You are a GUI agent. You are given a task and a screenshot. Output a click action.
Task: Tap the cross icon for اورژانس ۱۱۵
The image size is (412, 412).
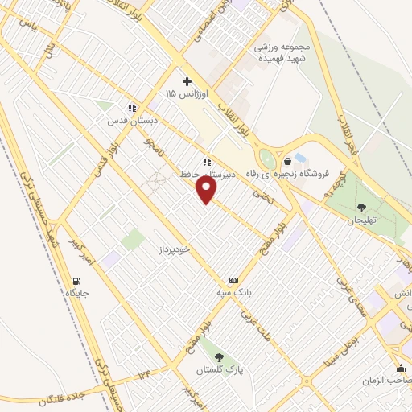(x=187, y=81)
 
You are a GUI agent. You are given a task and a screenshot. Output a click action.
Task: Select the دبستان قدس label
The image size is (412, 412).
(x=134, y=121)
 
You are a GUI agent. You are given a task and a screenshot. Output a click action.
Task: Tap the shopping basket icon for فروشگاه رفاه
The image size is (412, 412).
(x=287, y=160)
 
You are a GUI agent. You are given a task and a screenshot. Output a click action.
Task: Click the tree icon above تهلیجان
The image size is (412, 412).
(x=360, y=208)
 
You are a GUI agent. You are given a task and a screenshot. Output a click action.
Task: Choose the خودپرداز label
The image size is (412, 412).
(x=174, y=250)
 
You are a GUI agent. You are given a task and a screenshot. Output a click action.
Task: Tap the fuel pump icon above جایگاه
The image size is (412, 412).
(x=76, y=281)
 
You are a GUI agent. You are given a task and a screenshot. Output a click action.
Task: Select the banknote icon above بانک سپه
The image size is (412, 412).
(x=233, y=280)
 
